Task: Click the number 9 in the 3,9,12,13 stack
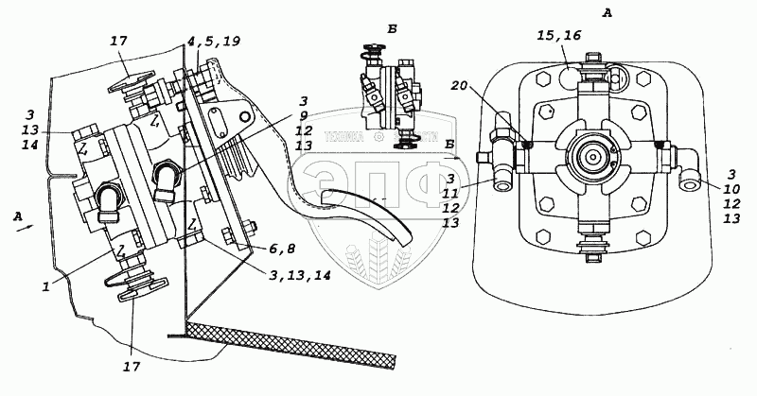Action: click(x=302, y=117)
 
